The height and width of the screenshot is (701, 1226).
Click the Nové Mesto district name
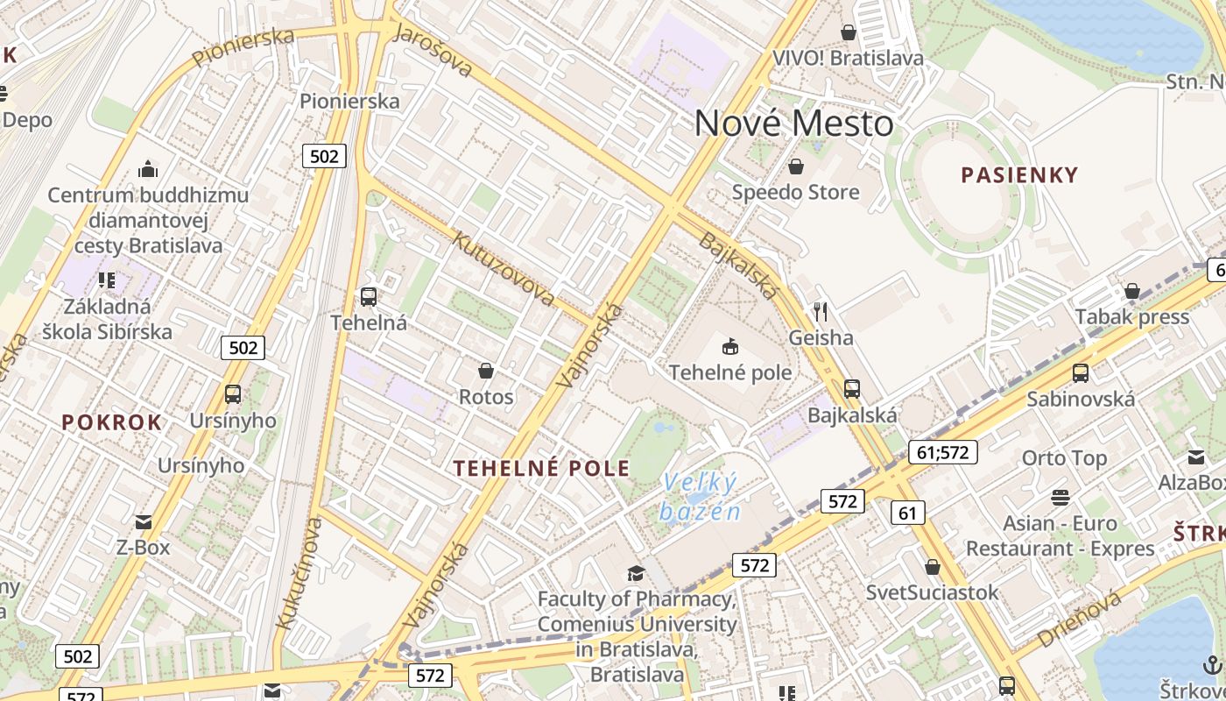(x=793, y=124)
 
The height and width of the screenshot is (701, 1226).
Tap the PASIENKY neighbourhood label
(x=1019, y=175)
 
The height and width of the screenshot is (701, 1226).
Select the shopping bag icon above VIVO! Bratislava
(x=848, y=32)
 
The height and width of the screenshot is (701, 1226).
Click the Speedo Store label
(x=795, y=192)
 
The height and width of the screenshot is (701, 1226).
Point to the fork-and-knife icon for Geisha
(x=821, y=311)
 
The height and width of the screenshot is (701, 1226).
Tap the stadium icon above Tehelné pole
(x=730, y=347)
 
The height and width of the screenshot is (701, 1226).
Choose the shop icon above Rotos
(x=486, y=371)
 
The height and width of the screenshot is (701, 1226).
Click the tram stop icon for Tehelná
(x=369, y=297)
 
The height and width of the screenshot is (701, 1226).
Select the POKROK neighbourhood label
(x=112, y=422)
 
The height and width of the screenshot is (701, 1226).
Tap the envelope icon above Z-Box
(x=144, y=522)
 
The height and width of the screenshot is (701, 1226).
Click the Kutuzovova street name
(x=503, y=267)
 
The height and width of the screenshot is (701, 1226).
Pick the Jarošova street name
(x=433, y=50)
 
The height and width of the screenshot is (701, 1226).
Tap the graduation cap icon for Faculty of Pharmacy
(x=635, y=574)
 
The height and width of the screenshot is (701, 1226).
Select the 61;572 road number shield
(x=942, y=452)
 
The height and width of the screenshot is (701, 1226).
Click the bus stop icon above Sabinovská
(x=1081, y=373)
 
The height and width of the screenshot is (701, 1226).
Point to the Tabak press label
(x=1132, y=316)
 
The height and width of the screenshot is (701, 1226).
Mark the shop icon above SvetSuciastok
(x=932, y=567)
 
